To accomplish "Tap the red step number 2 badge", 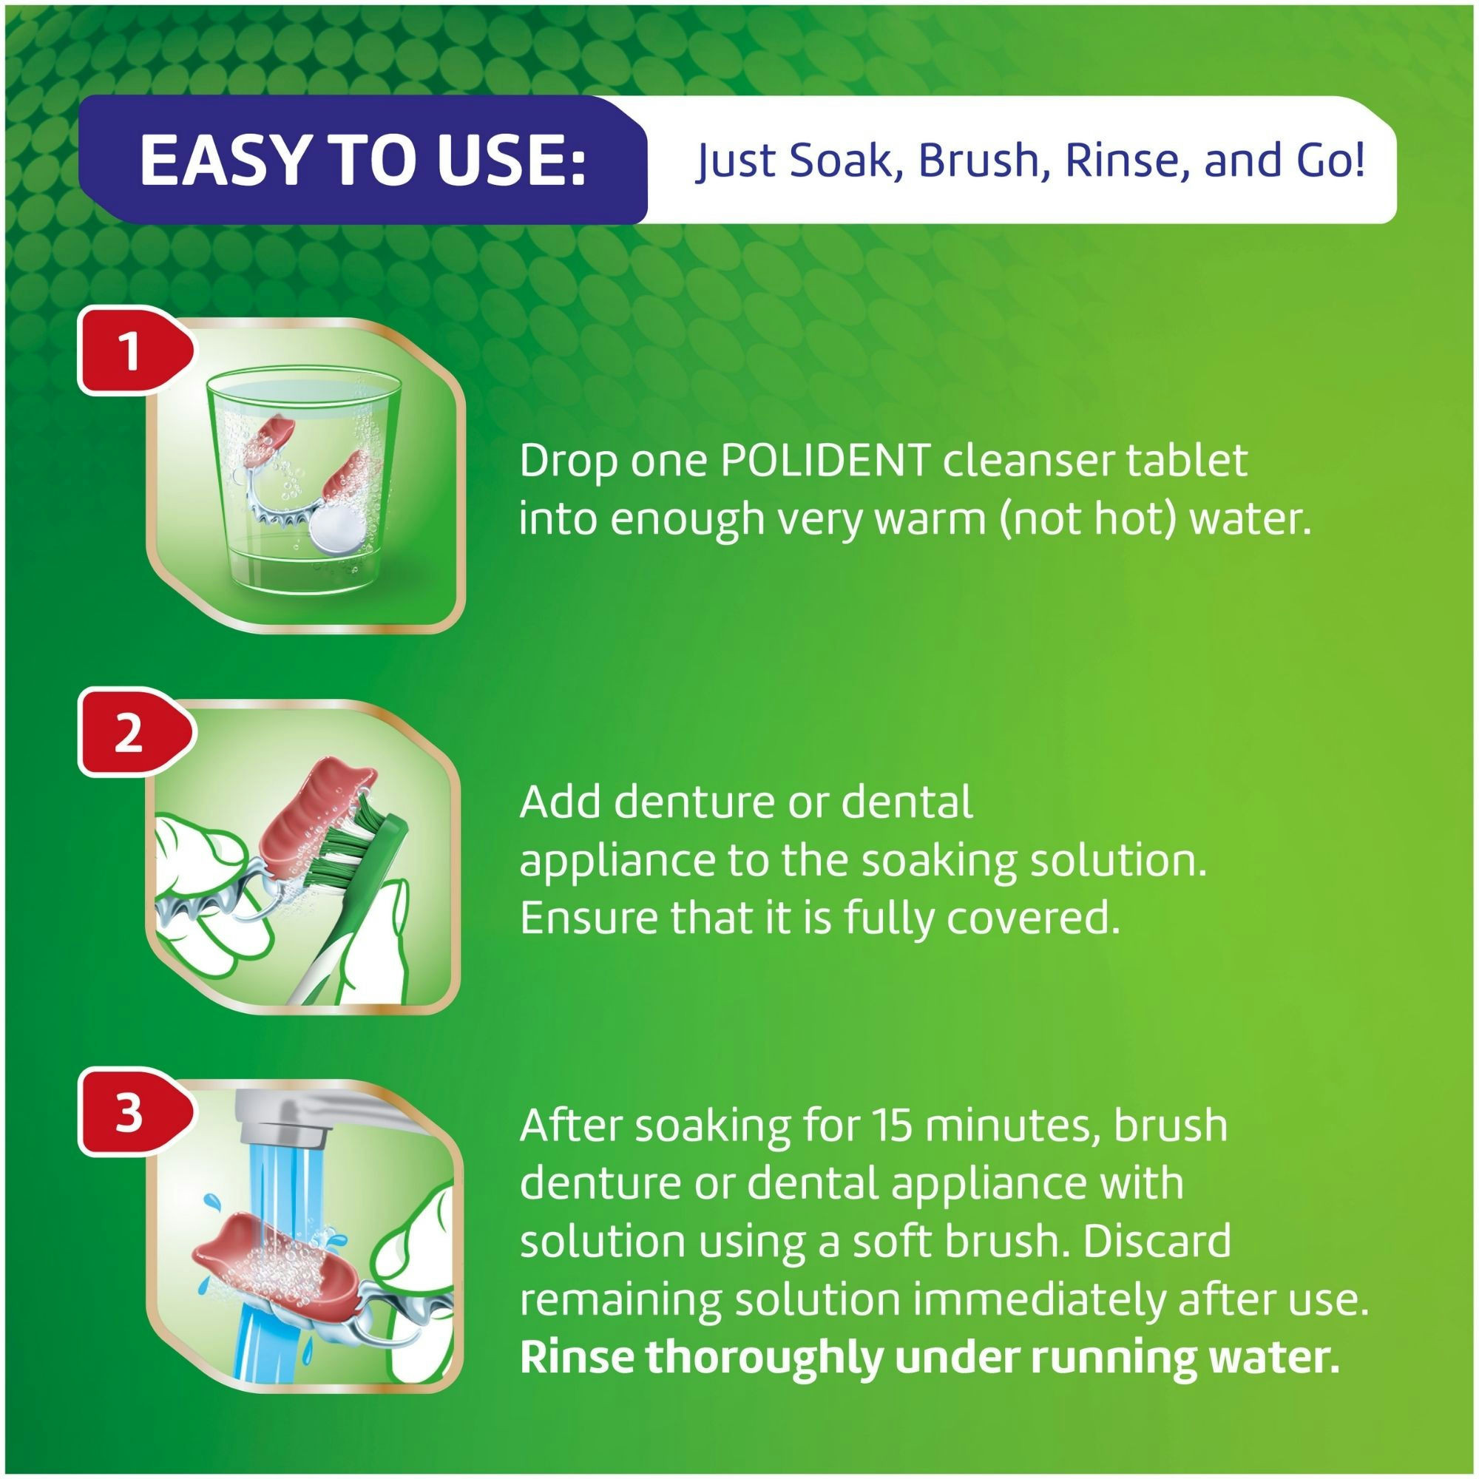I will click(129, 734).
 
